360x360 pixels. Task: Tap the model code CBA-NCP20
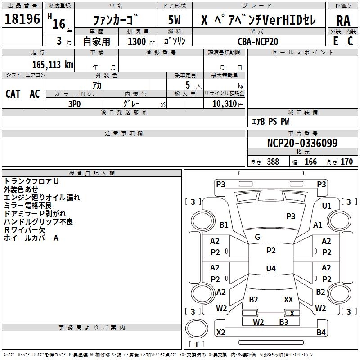pyautogui.click(x=258, y=41)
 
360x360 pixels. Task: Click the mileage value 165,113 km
pyautogui.click(x=53, y=64)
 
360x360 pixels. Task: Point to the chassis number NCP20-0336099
pyautogui.click(x=302, y=143)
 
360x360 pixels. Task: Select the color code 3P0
pyautogui.click(x=74, y=103)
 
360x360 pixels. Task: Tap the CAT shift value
pyautogui.click(x=13, y=94)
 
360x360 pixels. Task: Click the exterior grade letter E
pyautogui.click(x=335, y=41)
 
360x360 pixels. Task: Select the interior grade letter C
pyautogui.click(x=351, y=41)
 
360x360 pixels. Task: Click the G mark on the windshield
pyautogui.click(x=257, y=237)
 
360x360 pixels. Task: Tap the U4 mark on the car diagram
pyautogui.click(x=270, y=269)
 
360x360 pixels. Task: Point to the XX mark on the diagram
pyautogui.click(x=288, y=299)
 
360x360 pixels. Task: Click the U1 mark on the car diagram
pyautogui.click(x=327, y=206)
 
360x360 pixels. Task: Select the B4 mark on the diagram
pyautogui.click(x=321, y=333)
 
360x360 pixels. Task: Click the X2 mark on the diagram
pyautogui.click(x=221, y=333)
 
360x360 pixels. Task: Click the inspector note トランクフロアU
pyautogui.click(x=31, y=181)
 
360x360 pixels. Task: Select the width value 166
pyautogui.click(x=310, y=162)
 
